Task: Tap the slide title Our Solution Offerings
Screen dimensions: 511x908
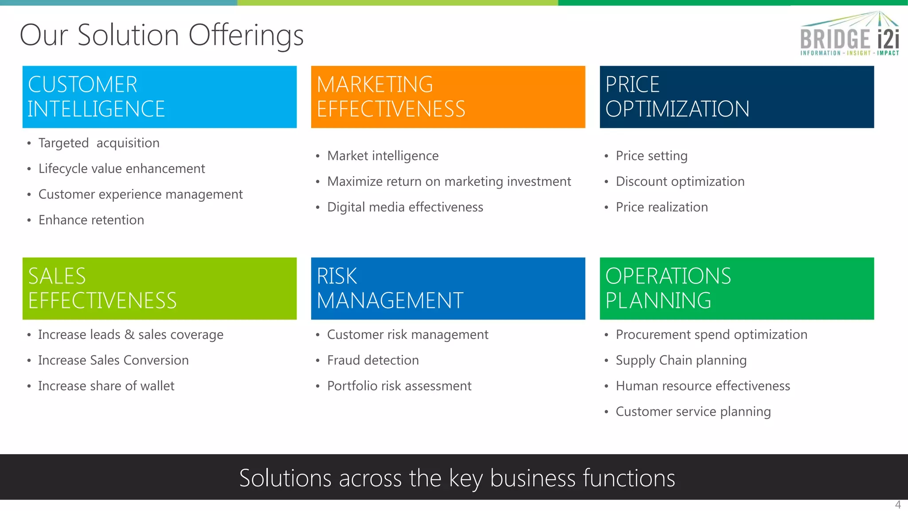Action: click(162, 35)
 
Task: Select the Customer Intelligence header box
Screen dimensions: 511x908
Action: click(160, 97)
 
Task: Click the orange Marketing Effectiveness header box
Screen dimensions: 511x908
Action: click(448, 97)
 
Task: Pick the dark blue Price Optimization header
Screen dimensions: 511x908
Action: click(736, 97)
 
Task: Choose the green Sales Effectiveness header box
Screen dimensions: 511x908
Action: click(160, 288)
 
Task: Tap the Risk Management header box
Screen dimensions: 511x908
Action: click(448, 288)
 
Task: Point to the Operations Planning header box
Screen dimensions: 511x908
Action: click(736, 288)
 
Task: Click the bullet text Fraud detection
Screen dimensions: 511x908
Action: click(373, 360)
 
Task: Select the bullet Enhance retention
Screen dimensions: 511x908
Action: click(91, 220)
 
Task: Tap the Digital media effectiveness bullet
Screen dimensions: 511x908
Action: click(405, 207)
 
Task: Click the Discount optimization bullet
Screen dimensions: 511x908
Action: click(680, 181)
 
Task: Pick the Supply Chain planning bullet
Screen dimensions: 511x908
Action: click(681, 360)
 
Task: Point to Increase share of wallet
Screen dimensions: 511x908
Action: click(106, 386)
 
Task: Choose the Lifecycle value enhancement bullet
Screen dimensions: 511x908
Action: click(121, 169)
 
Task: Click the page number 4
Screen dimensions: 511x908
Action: click(898, 505)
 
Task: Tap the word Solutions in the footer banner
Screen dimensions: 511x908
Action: click(285, 478)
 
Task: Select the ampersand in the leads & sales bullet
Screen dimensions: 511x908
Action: click(129, 334)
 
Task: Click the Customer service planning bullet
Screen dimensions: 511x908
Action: click(693, 412)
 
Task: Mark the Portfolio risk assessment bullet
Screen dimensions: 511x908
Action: click(399, 386)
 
